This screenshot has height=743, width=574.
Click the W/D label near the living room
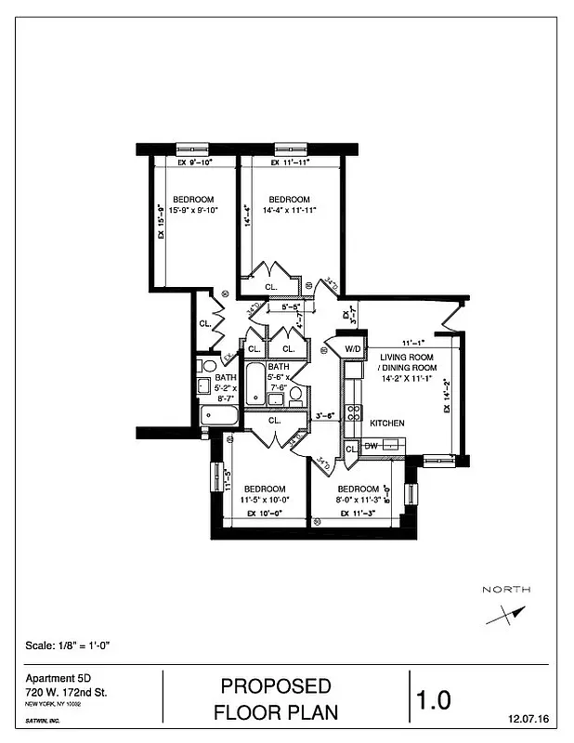(353, 349)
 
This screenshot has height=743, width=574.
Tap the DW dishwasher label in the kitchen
(371, 447)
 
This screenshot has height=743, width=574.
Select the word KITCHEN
(387, 424)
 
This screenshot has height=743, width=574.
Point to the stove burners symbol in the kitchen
(353, 412)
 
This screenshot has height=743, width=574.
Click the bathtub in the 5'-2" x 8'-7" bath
(219, 415)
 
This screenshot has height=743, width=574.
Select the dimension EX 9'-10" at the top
(195, 163)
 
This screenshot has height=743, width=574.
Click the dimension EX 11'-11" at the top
(289, 163)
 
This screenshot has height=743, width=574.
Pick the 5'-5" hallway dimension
(290, 306)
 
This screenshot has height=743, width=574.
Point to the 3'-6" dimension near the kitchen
(325, 415)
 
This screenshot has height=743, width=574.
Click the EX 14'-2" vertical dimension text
(449, 396)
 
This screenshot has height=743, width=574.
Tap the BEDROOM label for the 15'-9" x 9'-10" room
(193, 200)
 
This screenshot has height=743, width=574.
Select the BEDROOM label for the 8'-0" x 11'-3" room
(358, 489)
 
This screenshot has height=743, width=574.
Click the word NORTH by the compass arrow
(506, 590)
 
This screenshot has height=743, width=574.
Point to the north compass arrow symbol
(505, 615)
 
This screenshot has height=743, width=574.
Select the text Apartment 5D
(51, 679)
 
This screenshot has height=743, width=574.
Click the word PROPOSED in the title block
(275, 686)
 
